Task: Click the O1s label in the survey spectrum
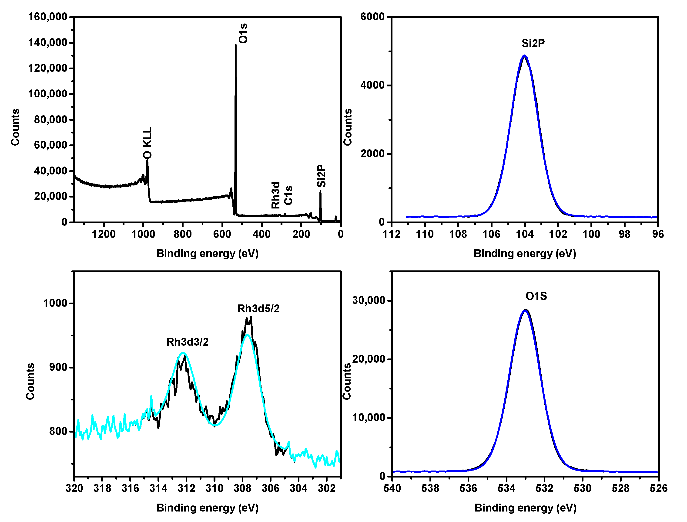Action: (243, 33)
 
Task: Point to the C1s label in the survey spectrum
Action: (288, 195)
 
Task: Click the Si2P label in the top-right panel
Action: (533, 44)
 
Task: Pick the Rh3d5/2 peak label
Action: (258, 309)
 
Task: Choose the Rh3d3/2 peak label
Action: (187, 342)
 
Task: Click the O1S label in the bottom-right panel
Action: (536, 296)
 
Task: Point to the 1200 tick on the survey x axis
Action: (104, 234)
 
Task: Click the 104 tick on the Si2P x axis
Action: (525, 234)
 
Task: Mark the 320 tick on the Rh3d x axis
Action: (74, 488)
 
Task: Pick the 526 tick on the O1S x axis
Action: (658, 488)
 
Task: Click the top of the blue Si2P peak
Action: (525, 56)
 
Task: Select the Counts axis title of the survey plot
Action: (15, 127)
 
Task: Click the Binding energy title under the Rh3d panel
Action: (208, 508)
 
